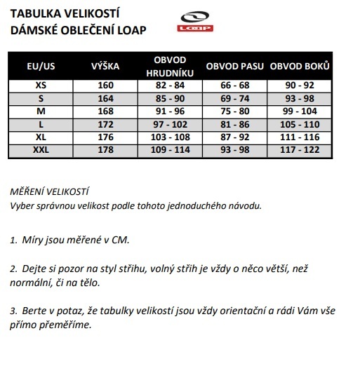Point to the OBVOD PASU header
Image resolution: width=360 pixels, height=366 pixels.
235,67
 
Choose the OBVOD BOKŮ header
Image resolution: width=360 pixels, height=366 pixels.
300,67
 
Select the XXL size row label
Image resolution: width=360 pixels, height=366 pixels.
41,151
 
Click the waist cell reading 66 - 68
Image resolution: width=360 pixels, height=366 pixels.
235,86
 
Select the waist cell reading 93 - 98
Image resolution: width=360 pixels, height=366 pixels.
235,151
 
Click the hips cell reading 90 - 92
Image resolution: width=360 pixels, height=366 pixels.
300,86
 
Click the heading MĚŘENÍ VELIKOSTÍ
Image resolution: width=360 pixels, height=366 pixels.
51,191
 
